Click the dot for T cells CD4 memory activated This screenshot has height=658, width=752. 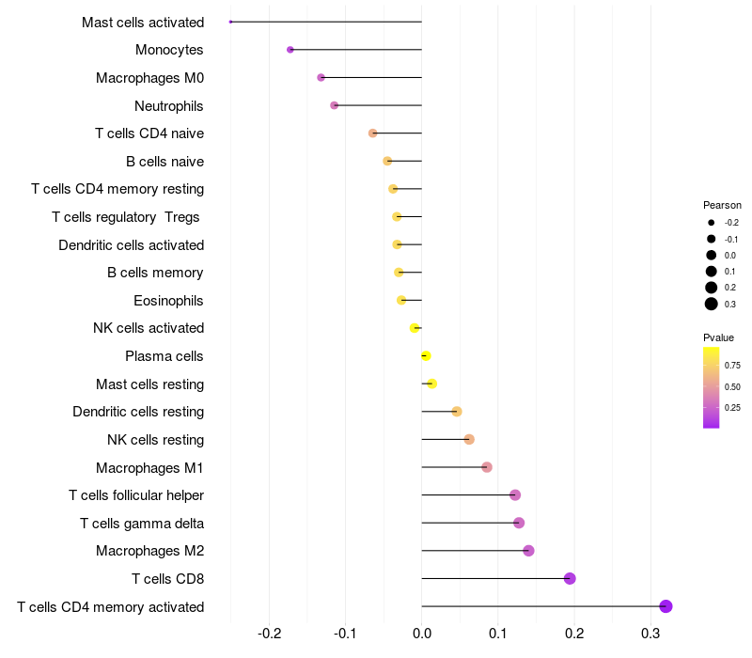click(x=666, y=606)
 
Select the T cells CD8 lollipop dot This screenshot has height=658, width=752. click(x=570, y=578)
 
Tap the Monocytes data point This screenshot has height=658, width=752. click(x=290, y=50)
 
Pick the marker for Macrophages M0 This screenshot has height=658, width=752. click(x=321, y=77)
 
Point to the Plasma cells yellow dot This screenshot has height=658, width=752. click(x=426, y=356)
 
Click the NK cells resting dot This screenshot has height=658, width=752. click(x=469, y=439)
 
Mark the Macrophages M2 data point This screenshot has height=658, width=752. click(x=528, y=551)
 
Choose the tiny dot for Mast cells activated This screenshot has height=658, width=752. click(x=230, y=22)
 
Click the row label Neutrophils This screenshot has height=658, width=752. click(x=169, y=106)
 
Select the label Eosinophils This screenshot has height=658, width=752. click(x=168, y=301)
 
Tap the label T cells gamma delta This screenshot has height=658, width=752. click(x=142, y=524)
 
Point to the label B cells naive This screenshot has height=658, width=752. click(x=165, y=162)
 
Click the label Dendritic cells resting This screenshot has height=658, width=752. click(x=138, y=412)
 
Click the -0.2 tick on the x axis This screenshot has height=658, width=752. click(x=270, y=634)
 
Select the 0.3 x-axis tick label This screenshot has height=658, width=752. click(x=650, y=634)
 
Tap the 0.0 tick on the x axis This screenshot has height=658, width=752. click(x=421, y=634)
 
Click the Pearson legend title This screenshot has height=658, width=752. click(x=722, y=205)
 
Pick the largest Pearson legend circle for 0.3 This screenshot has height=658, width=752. click(x=712, y=304)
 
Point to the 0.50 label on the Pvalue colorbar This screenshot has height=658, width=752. click(x=732, y=386)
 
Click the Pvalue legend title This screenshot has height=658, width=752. click(x=718, y=337)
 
